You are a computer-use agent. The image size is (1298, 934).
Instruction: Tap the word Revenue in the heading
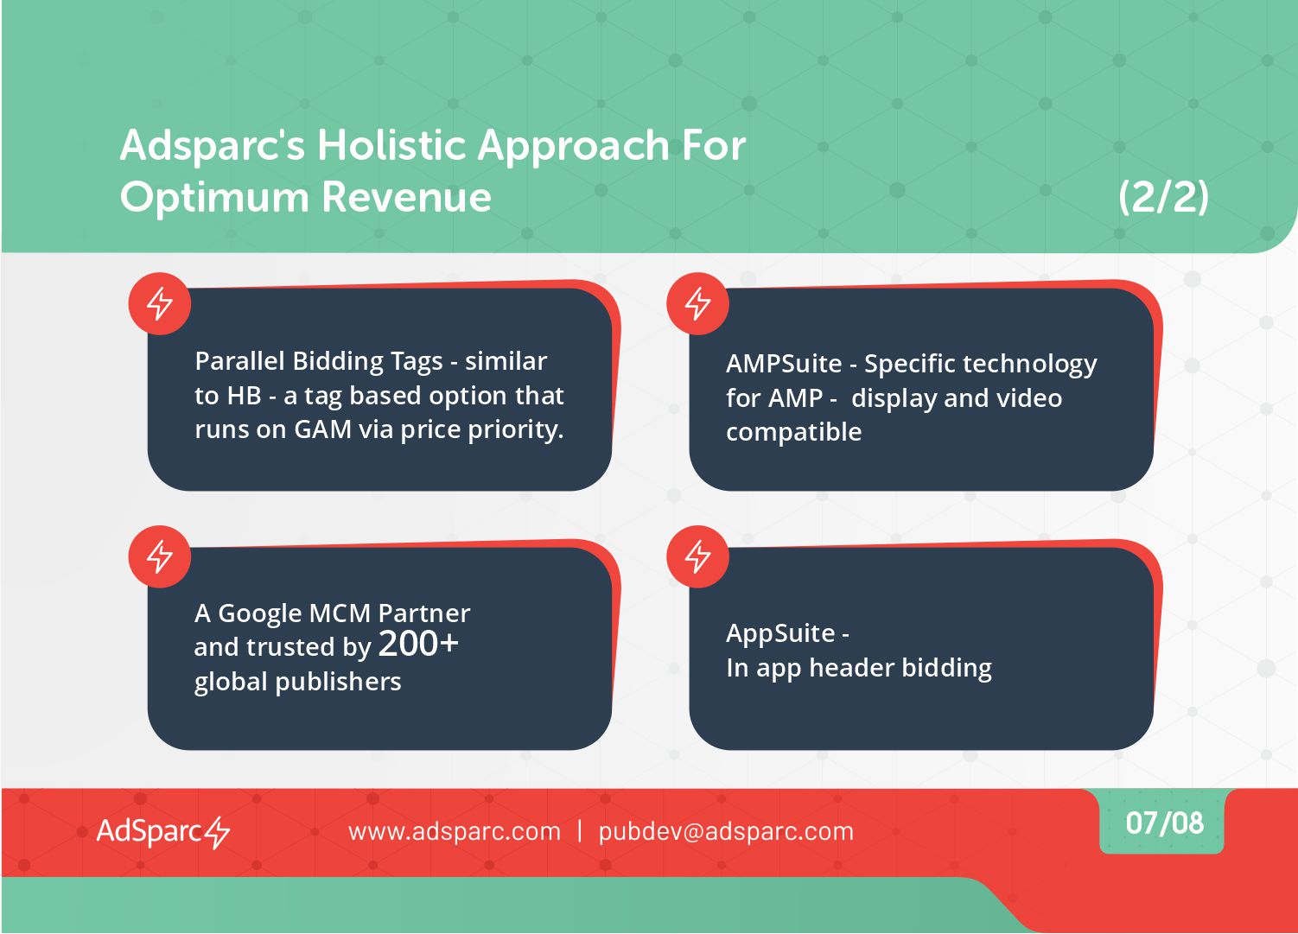coord(406,197)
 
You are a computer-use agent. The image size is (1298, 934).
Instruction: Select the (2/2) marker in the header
coord(1163,198)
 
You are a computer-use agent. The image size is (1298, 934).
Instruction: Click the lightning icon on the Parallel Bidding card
coord(159,303)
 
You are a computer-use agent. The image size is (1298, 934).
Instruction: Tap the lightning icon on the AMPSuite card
coord(697,303)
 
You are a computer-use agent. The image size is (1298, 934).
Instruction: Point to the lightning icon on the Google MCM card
coord(159,556)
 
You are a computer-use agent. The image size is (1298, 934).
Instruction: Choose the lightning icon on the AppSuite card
coord(697,556)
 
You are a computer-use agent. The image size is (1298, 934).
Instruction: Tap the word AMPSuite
coord(784,364)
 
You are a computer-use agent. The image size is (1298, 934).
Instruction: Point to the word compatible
coord(794,432)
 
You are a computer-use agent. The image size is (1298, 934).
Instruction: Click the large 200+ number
coord(418,644)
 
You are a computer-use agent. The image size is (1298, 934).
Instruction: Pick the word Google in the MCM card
coord(259,613)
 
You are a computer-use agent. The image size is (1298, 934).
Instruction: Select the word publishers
coord(339,682)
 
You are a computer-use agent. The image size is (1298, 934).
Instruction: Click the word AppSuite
coord(780,634)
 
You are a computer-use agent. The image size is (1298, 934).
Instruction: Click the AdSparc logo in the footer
coord(163,831)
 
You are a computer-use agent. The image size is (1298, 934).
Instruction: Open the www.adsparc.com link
coord(455,831)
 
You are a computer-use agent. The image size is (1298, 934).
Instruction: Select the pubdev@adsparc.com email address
coord(726,831)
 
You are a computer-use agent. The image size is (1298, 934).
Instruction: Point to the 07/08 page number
coord(1164,823)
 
